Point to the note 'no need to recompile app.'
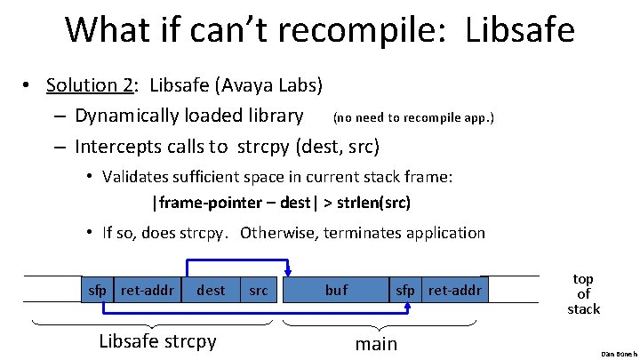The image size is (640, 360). [413, 117]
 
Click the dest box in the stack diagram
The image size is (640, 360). [211, 290]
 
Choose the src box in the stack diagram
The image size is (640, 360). [259, 290]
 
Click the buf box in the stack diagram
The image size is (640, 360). [336, 290]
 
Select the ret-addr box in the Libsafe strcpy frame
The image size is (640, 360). [148, 290]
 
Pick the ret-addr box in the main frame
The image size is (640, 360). [455, 290]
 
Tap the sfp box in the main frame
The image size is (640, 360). [404, 290]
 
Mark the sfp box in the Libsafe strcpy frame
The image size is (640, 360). [97, 290]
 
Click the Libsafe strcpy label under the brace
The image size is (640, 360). [157, 341]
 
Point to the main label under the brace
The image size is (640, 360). [376, 343]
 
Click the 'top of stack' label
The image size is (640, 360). [583, 293]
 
